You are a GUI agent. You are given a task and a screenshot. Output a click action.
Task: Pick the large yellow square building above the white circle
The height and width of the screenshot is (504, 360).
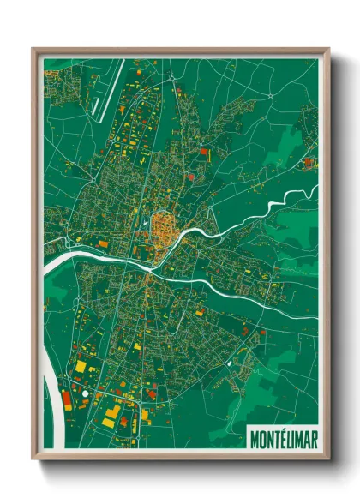pos(81,366)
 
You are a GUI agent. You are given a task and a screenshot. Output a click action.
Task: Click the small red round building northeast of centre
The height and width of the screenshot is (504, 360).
pos(204,151)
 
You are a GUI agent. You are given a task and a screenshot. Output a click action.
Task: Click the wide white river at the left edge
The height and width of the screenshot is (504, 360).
pos(60,257)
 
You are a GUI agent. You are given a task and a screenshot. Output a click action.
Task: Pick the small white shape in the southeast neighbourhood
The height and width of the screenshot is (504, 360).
pos(230,363)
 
